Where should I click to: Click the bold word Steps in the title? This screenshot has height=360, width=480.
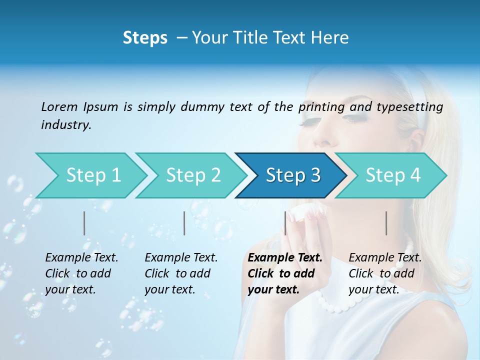[145, 38]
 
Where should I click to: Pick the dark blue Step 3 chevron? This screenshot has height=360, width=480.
[293, 175]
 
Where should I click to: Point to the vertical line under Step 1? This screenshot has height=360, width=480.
[84, 223]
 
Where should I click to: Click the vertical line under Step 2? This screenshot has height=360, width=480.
[184, 223]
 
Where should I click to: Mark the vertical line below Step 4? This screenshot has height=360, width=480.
[386, 223]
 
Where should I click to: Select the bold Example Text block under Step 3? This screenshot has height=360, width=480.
[284, 273]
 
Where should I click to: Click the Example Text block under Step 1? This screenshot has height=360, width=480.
[81, 273]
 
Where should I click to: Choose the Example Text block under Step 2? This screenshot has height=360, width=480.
[181, 273]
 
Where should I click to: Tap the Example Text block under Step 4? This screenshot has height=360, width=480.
[385, 273]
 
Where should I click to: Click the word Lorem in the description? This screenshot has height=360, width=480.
[59, 107]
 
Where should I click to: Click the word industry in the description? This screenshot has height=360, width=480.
[65, 125]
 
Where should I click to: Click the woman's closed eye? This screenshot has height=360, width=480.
[355, 118]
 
